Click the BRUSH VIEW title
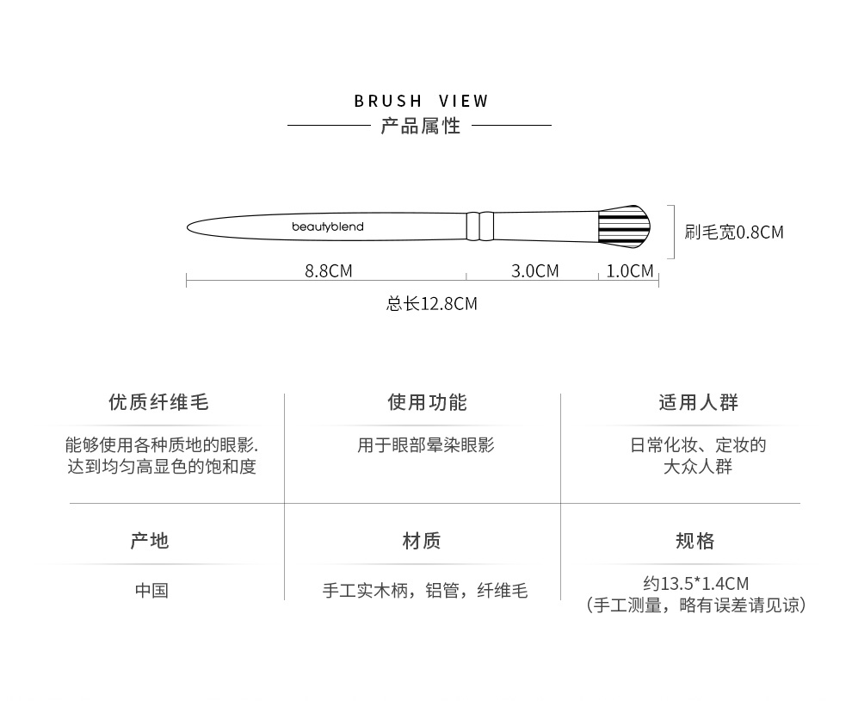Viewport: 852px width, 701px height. coord(421,101)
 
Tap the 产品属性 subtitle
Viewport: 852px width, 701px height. coord(421,126)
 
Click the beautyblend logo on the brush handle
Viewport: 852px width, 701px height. coord(327,227)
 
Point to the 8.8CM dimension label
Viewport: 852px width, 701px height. coord(328,271)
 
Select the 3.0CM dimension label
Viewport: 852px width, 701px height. coord(534,271)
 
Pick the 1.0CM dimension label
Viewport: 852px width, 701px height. coord(630,271)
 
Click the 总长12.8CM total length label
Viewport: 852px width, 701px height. coord(431,303)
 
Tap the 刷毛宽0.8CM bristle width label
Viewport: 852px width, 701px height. coord(734,232)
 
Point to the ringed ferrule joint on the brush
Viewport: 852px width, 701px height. coord(480,226)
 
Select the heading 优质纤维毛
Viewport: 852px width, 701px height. coord(158,402)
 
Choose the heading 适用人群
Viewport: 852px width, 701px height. coord(698,402)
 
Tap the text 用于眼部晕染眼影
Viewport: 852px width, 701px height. coord(426,445)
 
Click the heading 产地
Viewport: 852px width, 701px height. coord(150,541)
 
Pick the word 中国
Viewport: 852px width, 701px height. coord(151,590)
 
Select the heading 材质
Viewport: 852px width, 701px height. coord(422,541)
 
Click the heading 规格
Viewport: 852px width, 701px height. coord(695,541)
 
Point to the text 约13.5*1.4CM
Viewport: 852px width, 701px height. coord(695,583)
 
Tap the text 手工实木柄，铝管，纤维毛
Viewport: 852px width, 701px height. coord(424,591)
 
